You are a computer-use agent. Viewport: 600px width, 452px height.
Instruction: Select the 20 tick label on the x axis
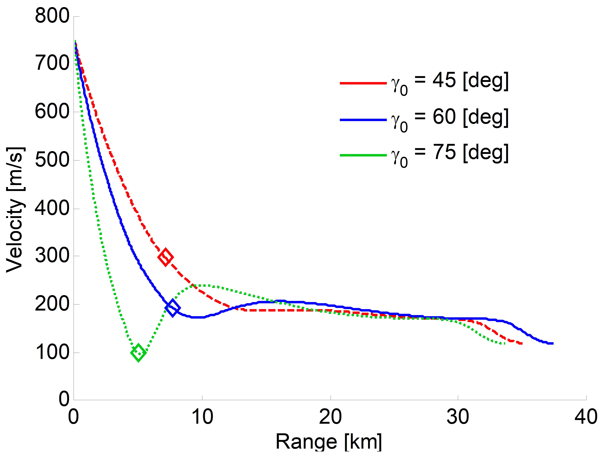(x=330, y=417)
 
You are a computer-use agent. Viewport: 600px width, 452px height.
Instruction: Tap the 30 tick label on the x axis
(x=458, y=417)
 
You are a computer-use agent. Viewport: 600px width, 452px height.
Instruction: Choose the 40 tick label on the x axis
(x=586, y=417)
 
